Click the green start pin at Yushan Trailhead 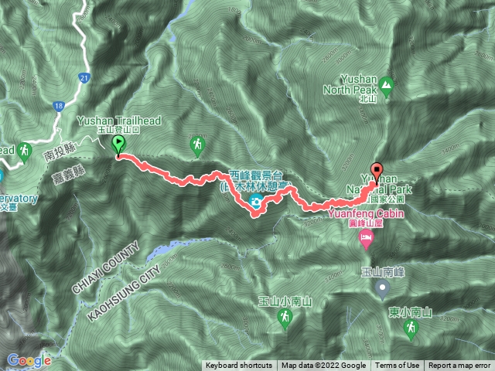click(x=118, y=145)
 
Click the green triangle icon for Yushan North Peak click(x=385, y=84)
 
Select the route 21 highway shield click(x=84, y=77)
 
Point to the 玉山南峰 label click(x=382, y=271)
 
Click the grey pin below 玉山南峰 click(x=382, y=289)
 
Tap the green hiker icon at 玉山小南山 click(x=285, y=318)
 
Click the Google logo click(x=29, y=359)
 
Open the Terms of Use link click(x=398, y=366)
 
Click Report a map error click(x=459, y=366)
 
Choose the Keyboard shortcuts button click(x=238, y=366)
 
